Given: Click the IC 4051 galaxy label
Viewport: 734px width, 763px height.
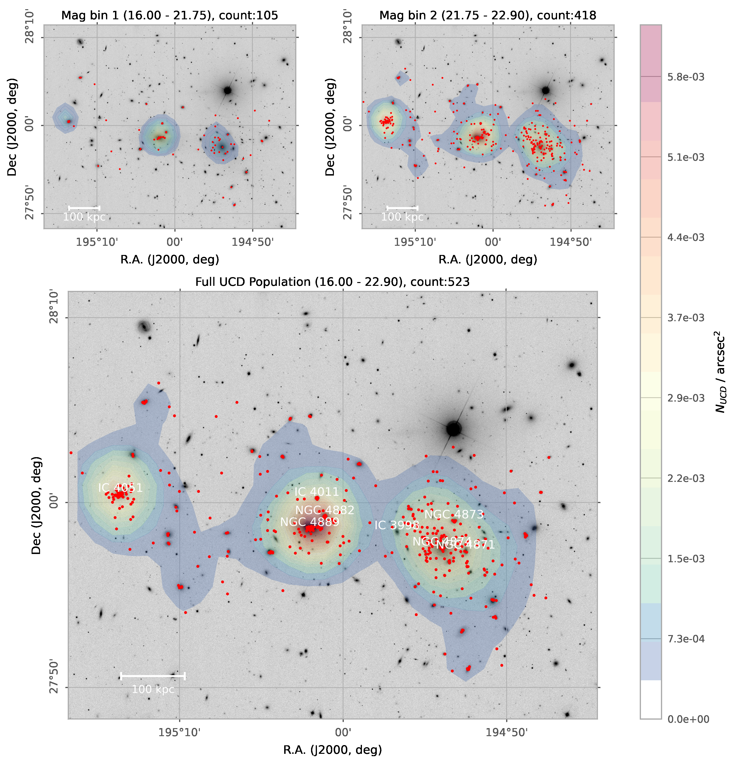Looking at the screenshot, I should click(x=120, y=488).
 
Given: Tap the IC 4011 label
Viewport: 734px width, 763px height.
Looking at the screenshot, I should click(x=316, y=492).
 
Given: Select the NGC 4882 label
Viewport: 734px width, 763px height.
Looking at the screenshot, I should click(x=324, y=510).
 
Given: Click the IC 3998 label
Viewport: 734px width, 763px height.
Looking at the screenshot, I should click(x=397, y=525).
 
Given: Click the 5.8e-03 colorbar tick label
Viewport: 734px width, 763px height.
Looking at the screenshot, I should click(x=685, y=77).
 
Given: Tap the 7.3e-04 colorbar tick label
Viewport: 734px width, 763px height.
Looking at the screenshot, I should click(x=685, y=639).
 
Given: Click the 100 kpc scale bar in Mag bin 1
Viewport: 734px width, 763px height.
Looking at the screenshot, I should click(x=84, y=208).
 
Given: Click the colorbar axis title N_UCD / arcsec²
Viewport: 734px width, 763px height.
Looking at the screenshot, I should click(x=720, y=372).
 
